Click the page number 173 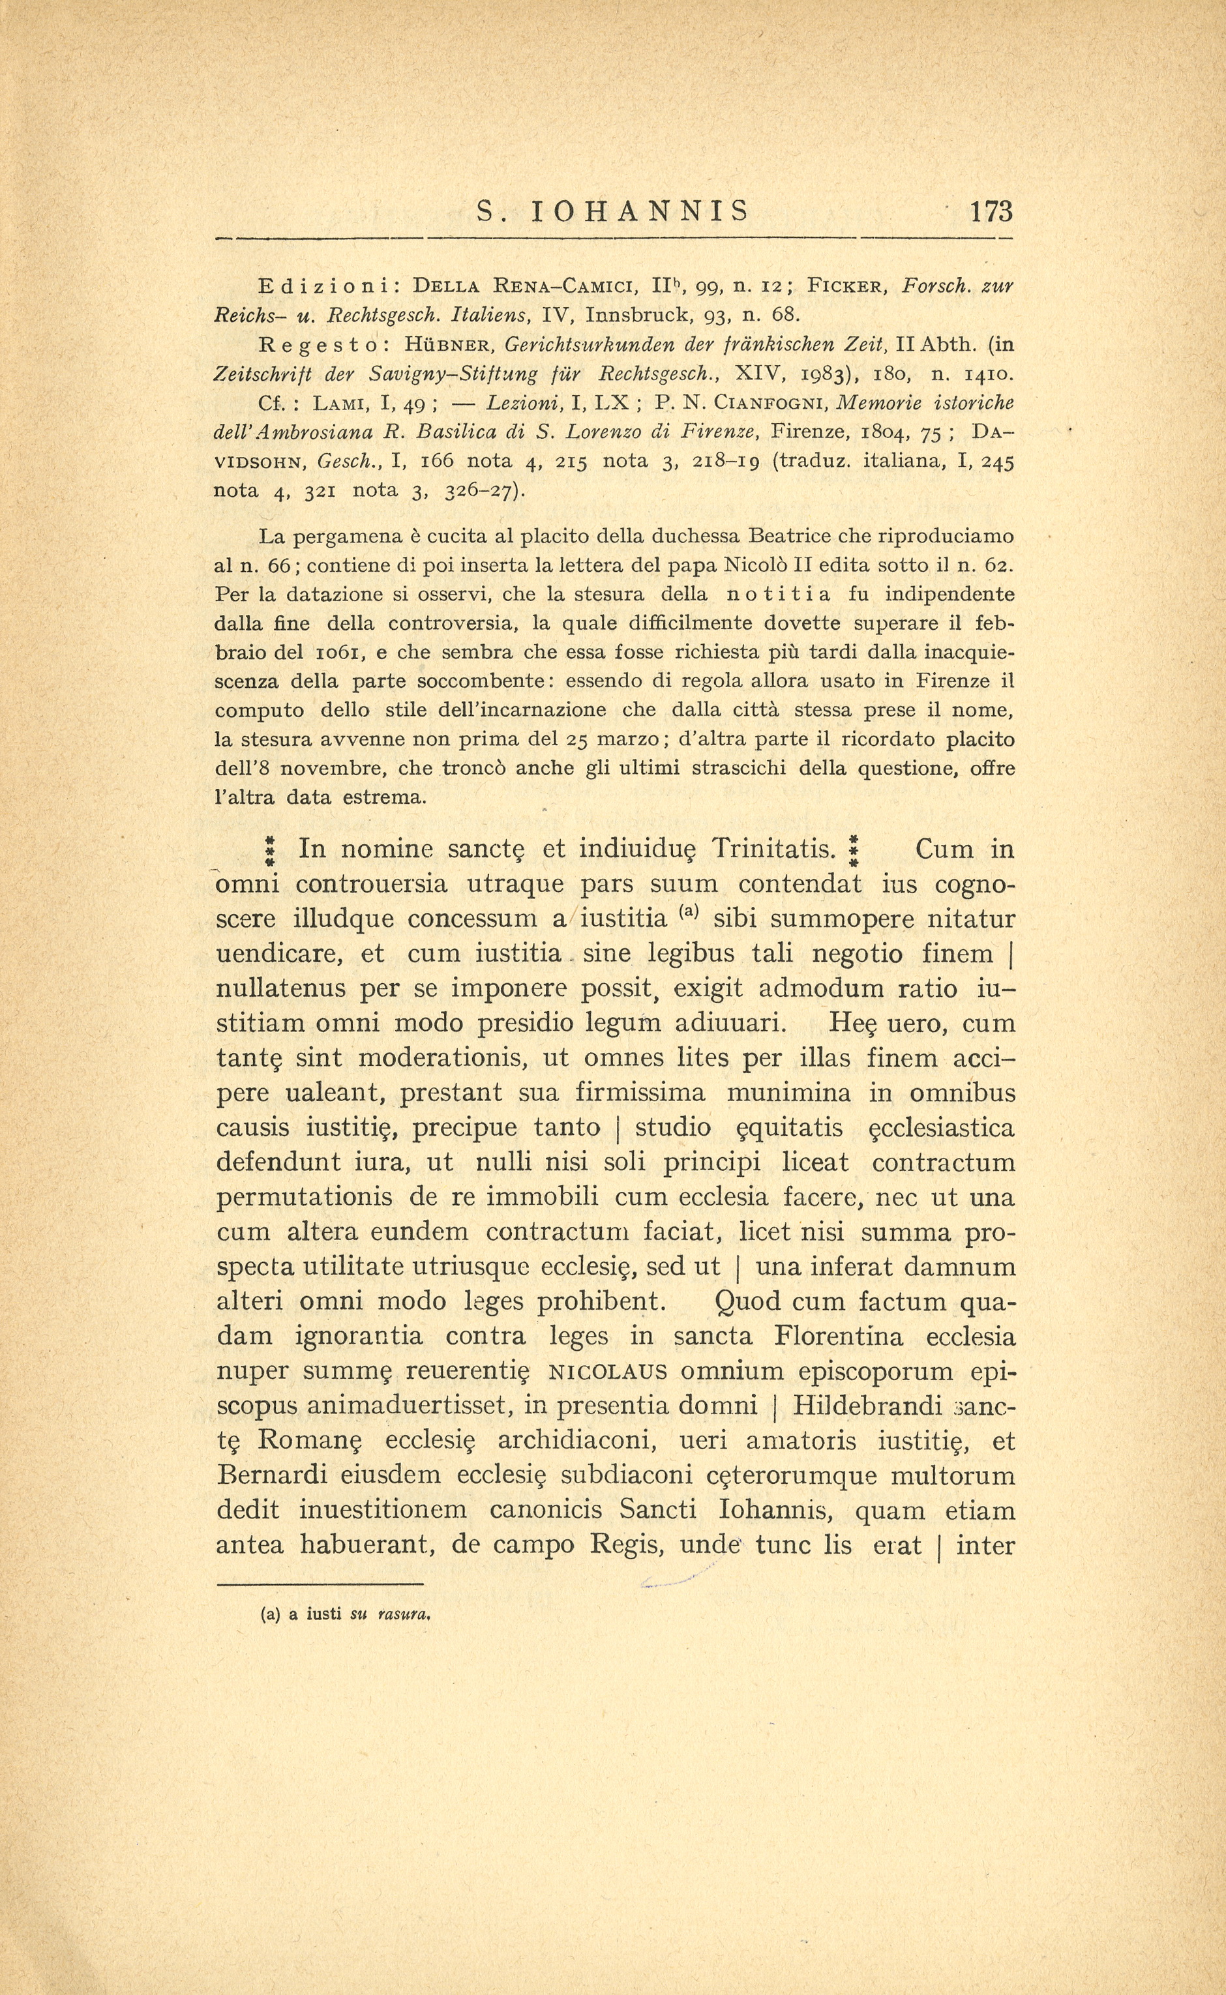tap(990, 213)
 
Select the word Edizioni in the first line tap(326, 286)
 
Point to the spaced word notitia tap(777, 594)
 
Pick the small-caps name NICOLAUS tap(609, 1372)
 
